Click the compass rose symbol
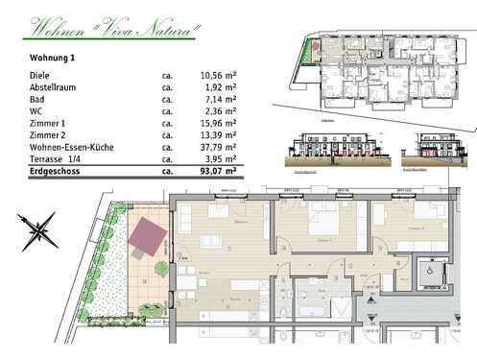[x=39, y=229]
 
